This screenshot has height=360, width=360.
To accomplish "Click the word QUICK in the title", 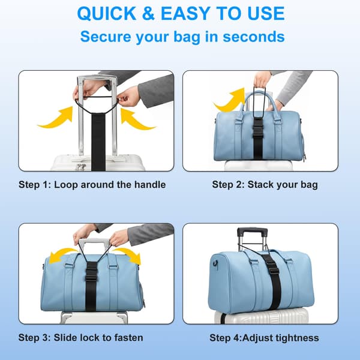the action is tap(107, 14).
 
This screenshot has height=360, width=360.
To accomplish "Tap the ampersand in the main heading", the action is tap(148, 14).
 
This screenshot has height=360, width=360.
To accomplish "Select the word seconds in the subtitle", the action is tap(254, 37).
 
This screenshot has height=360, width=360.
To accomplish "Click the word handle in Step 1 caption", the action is tap(150, 185).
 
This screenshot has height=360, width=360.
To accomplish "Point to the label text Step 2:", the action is tap(228, 185).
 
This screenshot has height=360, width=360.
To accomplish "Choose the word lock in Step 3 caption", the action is tap(89, 337).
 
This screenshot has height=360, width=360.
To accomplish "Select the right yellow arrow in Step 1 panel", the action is tap(138, 119).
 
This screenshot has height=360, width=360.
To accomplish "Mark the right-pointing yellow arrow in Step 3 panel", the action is tap(127, 255).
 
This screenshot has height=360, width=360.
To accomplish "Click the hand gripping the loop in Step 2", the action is tap(262, 79).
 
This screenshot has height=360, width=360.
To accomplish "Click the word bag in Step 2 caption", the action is tap(310, 185).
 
